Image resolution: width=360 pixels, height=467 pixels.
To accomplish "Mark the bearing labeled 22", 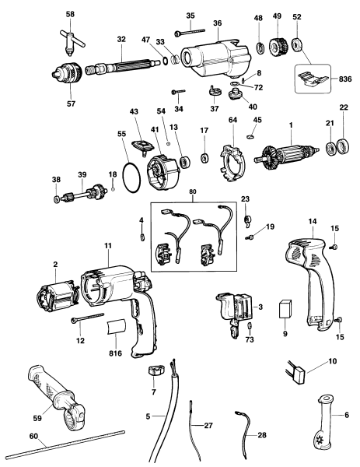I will click(338, 148).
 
